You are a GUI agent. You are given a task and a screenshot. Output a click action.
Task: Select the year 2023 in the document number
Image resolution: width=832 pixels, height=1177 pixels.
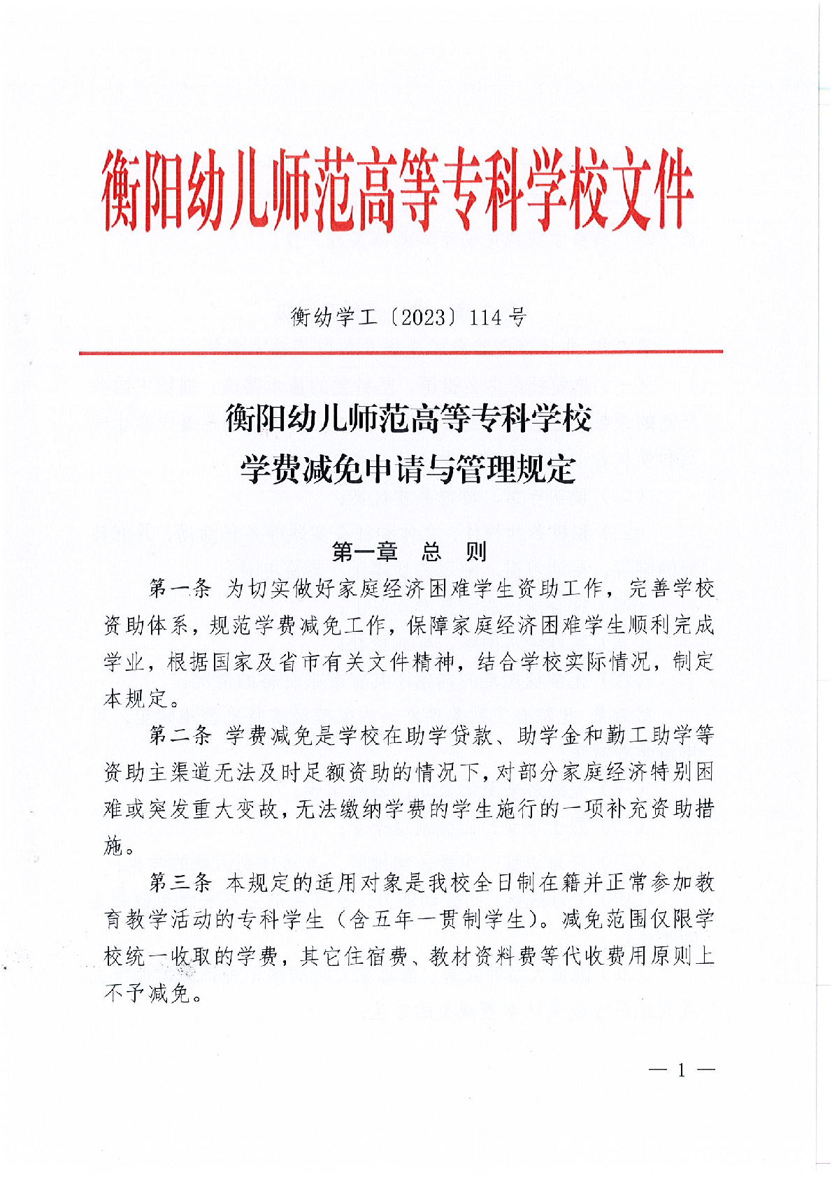[424, 318]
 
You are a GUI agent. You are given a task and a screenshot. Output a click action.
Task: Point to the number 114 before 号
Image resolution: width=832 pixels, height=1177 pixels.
[486, 318]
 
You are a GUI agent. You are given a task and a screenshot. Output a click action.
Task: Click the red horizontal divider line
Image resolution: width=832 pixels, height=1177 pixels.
[401, 352]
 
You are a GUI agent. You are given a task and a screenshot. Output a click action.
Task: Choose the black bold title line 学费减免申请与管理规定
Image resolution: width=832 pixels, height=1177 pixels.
[408, 469]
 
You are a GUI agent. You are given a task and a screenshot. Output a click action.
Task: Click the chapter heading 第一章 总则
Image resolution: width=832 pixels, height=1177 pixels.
[409, 552]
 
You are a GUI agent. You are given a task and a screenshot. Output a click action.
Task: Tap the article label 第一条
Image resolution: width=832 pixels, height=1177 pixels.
[180, 588]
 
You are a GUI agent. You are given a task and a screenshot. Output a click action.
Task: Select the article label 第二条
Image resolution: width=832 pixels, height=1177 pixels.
[180, 735]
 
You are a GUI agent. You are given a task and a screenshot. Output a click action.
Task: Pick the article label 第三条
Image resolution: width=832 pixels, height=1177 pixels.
[180, 883]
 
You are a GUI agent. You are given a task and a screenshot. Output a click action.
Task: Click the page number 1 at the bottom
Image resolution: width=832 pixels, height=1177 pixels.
[682, 1071]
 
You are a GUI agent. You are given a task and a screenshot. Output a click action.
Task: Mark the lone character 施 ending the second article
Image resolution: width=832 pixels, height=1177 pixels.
[114, 846]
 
